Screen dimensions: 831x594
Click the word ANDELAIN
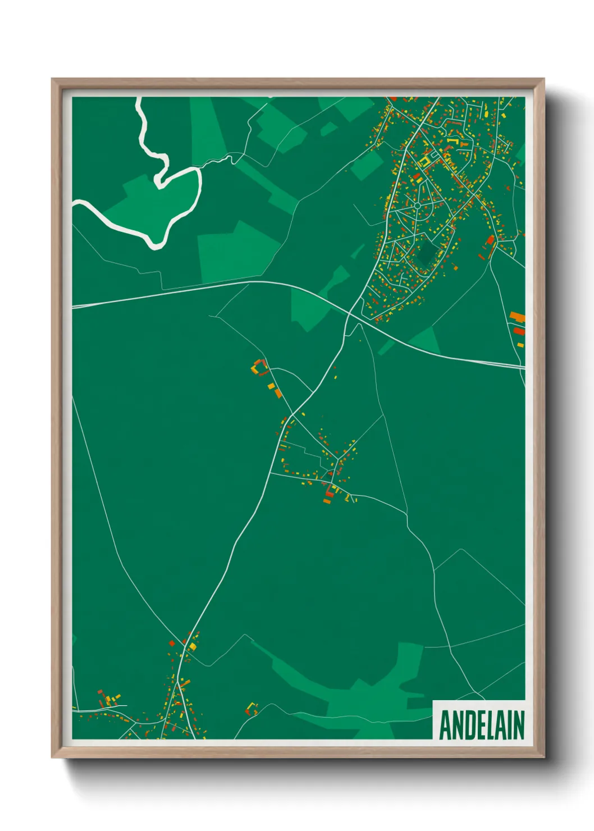point(481,725)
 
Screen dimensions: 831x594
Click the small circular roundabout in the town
point(417,206)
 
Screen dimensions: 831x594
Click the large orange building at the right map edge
point(518,317)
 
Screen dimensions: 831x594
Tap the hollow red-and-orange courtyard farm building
point(259,368)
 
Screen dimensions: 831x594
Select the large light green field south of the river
point(239,253)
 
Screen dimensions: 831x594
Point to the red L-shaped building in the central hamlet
point(328,492)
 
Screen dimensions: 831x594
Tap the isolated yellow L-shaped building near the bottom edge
point(252,707)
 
